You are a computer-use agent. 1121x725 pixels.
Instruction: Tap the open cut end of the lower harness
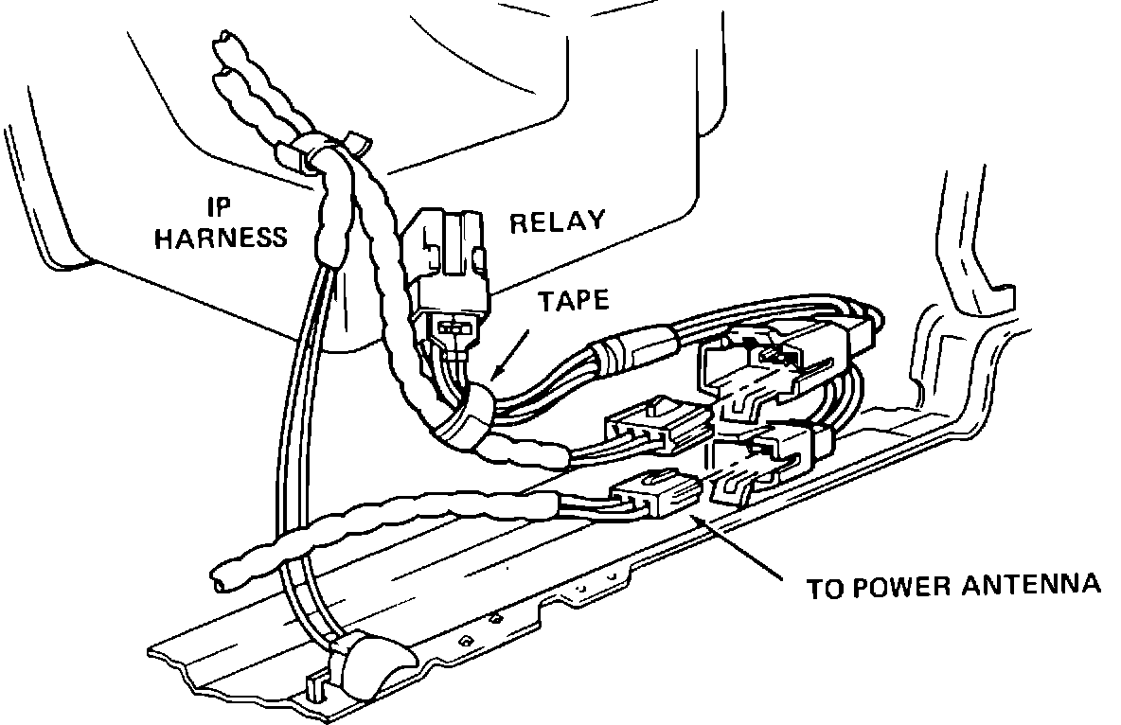tap(219, 576)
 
